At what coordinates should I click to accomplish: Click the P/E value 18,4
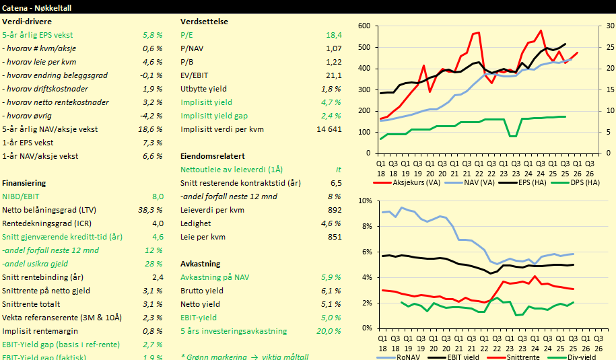click(x=334, y=34)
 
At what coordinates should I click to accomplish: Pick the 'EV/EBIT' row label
click(x=196, y=75)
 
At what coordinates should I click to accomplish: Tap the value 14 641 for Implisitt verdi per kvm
click(x=329, y=129)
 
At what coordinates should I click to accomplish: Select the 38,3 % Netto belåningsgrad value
click(x=150, y=209)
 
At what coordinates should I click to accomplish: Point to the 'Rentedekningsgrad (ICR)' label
click(x=44, y=223)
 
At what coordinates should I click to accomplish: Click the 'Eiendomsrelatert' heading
click(x=212, y=155)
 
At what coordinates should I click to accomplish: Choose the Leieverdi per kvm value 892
click(x=335, y=209)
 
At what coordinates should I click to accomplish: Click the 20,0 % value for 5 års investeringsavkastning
click(x=329, y=330)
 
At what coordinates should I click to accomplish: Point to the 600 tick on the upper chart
click(x=364, y=26)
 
